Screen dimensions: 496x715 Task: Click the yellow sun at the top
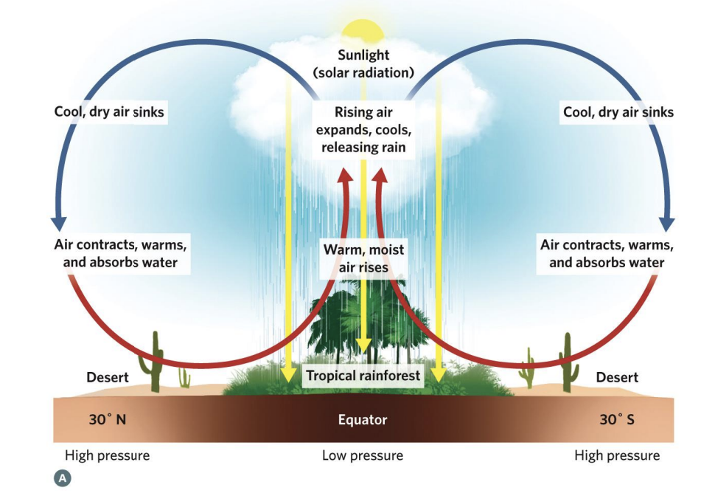coord(363,31)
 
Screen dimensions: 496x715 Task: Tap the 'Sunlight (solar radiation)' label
coord(363,64)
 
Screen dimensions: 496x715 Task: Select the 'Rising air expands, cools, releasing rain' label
coord(363,130)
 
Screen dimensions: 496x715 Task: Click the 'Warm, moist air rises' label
coord(363,258)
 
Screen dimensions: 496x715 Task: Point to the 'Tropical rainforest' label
coord(363,376)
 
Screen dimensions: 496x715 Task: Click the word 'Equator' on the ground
coord(363,420)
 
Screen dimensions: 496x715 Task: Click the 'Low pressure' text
coord(363,455)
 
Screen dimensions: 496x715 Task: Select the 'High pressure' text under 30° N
coord(107,455)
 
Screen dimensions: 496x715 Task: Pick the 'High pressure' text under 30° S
coord(617,455)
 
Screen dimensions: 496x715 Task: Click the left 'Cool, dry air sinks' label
coord(109,113)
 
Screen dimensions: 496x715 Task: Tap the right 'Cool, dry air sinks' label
coord(618,113)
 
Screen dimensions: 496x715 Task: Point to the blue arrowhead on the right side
coord(668,222)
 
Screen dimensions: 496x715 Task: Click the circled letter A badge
coord(62,478)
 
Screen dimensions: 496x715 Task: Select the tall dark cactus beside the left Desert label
coord(156,362)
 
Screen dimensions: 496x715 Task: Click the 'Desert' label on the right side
coord(617,377)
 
